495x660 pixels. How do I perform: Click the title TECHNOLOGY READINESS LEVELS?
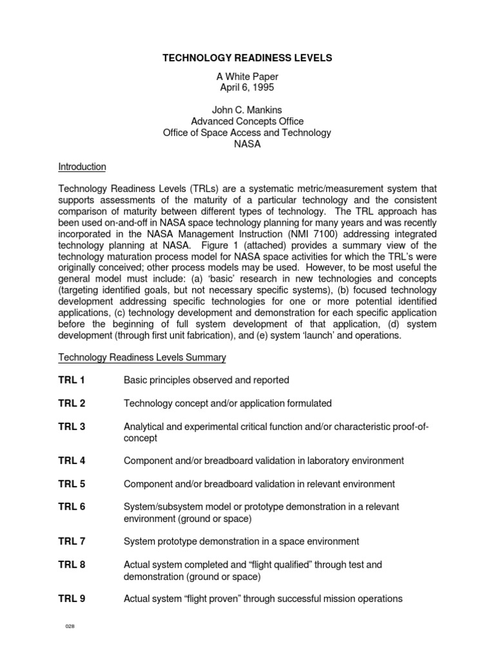[247, 58]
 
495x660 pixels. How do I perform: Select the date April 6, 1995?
[247, 88]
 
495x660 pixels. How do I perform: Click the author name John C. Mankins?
[247, 110]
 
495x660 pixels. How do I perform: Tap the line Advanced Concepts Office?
[247, 121]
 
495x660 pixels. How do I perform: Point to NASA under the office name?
[247, 144]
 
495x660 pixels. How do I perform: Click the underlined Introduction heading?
[82, 167]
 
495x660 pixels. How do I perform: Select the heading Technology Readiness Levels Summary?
[142, 357]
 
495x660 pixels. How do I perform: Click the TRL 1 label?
[72, 380]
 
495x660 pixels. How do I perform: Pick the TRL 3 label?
[72, 427]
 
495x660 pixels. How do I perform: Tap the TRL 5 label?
[72, 484]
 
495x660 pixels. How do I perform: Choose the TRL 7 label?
[72, 541]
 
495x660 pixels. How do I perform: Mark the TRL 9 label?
[72, 599]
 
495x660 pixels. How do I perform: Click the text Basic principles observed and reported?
[206, 380]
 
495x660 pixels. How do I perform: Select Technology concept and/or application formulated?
[228, 403]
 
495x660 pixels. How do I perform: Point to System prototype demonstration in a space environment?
[241, 541]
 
